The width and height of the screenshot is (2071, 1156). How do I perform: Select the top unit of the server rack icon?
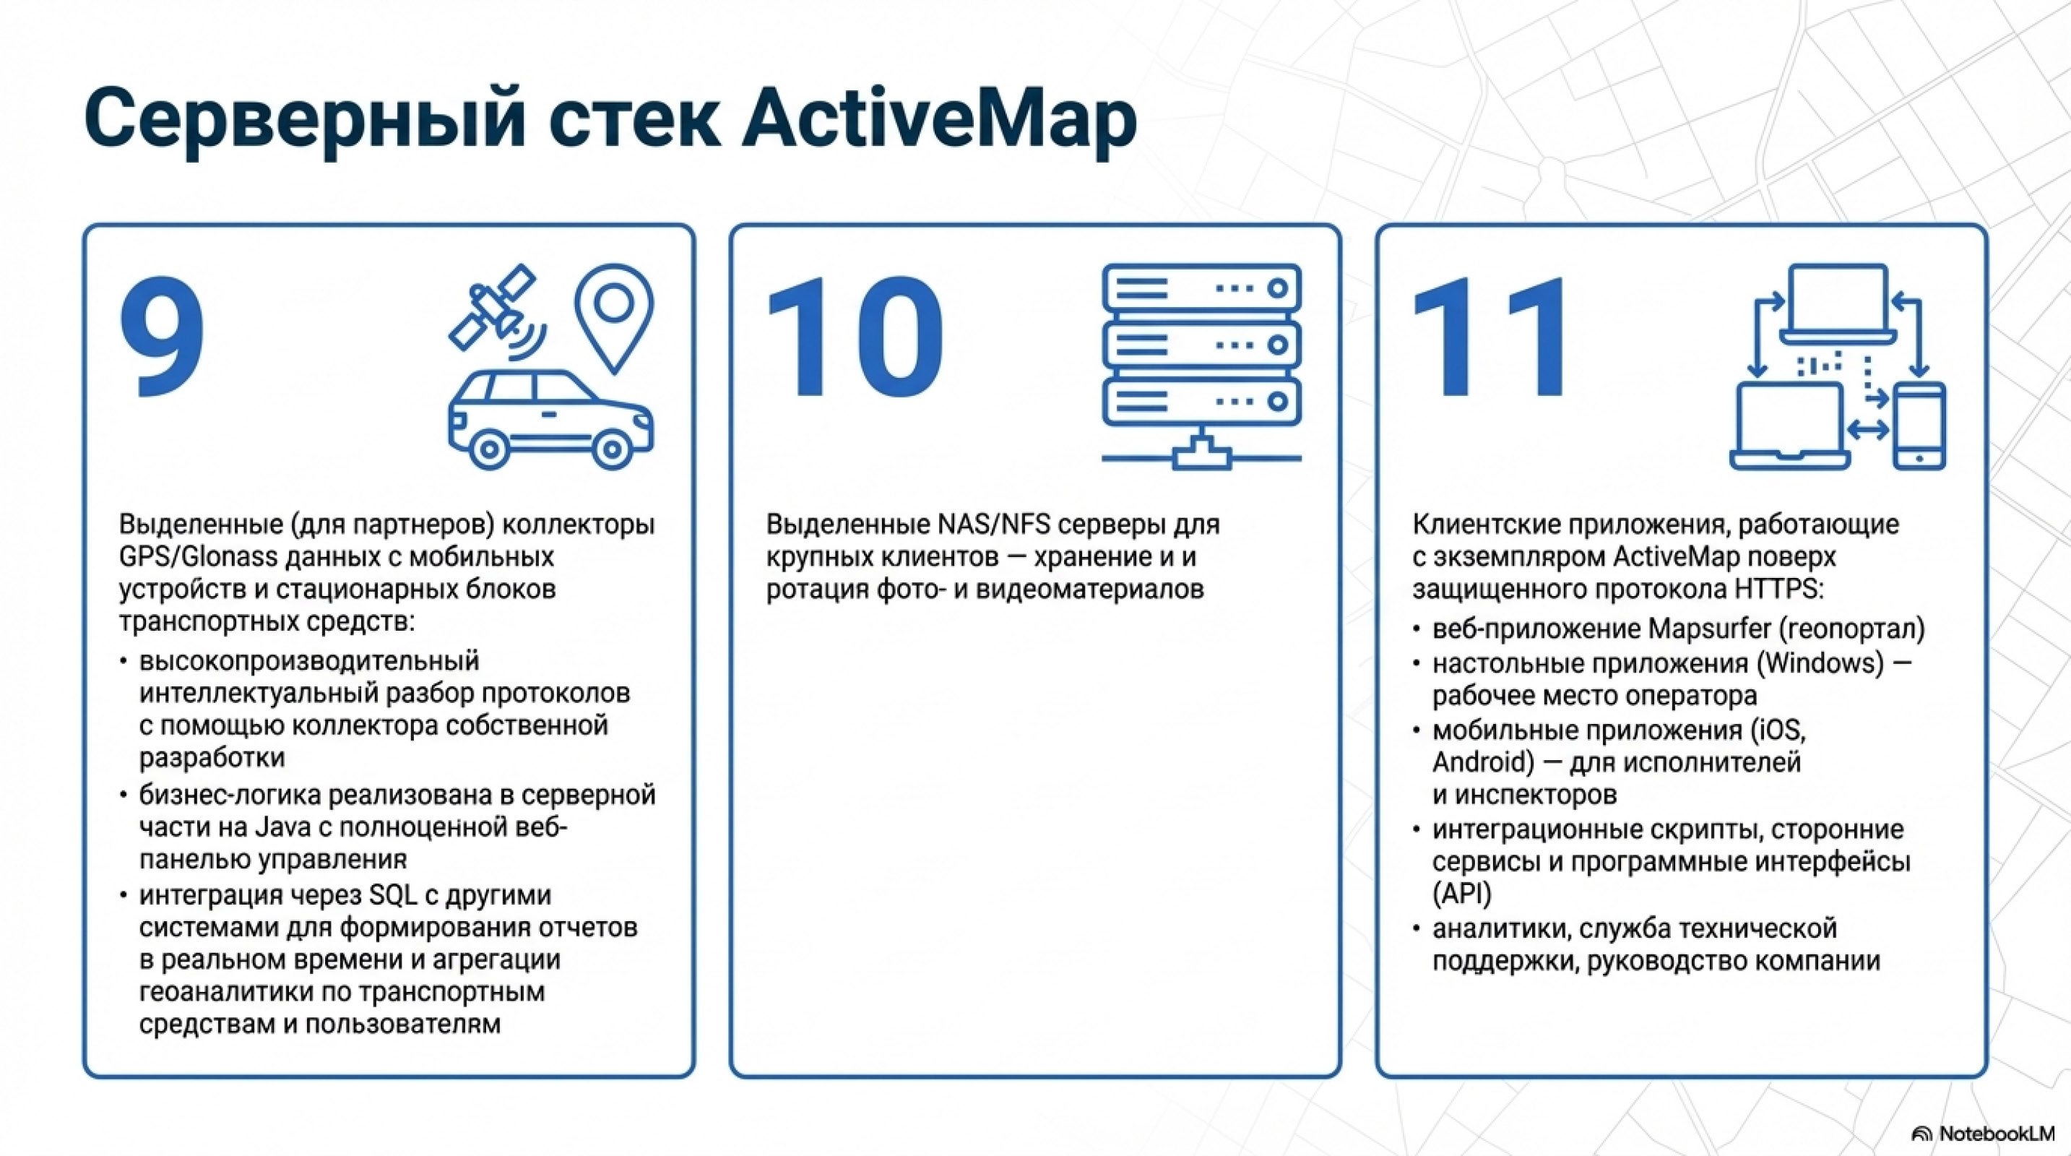coord(1201,288)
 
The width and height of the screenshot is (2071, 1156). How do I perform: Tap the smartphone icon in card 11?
coord(1919,426)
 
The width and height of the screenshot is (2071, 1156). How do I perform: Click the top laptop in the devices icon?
coord(1838,301)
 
